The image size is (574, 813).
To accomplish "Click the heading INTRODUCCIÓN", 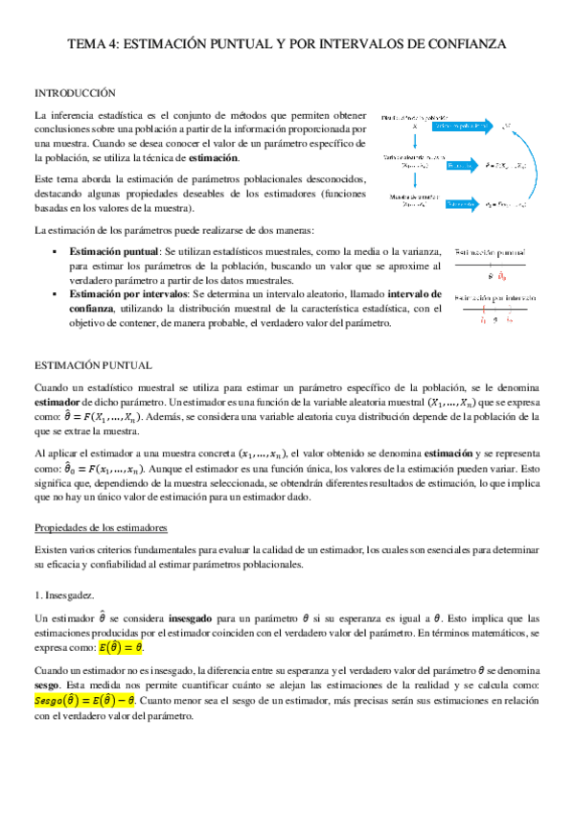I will coord(75,93).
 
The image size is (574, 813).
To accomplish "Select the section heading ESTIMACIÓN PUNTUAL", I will coord(91,365).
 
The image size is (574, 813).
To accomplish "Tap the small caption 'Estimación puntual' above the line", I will coord(490,248).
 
